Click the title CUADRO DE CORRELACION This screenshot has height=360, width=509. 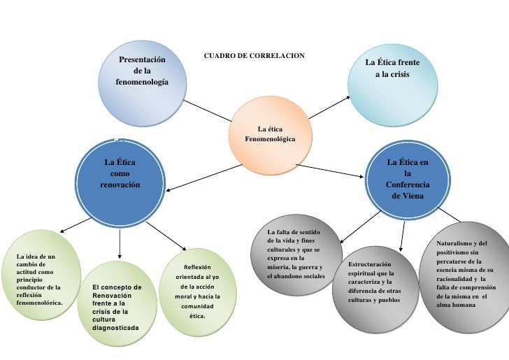pos(253,55)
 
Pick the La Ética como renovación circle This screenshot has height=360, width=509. pos(120,178)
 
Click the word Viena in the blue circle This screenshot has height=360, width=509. pos(407,196)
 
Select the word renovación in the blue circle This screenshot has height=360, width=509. pos(120,185)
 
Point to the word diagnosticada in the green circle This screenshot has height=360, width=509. pos(115,327)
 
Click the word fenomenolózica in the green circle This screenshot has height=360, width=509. pos(39,303)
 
